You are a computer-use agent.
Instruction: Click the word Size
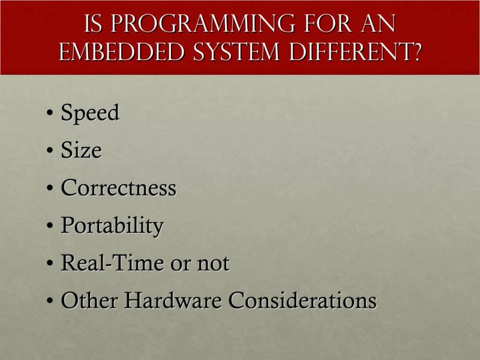click(81, 151)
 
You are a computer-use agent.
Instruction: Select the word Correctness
click(118, 188)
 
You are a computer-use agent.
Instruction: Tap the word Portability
click(112, 226)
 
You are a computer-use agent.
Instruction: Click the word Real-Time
click(112, 263)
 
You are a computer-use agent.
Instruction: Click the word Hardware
click(170, 300)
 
